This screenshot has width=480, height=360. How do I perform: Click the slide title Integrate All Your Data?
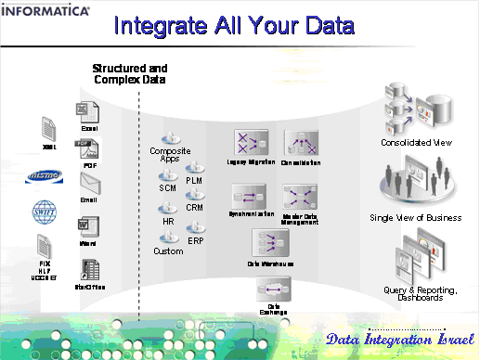(240, 25)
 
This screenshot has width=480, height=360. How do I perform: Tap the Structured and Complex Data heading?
(130, 75)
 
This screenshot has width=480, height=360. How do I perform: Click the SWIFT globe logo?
(44, 209)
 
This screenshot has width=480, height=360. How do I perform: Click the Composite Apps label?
(170, 154)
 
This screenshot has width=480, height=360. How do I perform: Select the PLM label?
(194, 180)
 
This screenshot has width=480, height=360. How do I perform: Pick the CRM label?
(194, 208)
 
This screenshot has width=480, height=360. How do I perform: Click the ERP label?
(195, 240)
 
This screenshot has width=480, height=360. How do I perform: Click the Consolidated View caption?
(416, 143)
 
